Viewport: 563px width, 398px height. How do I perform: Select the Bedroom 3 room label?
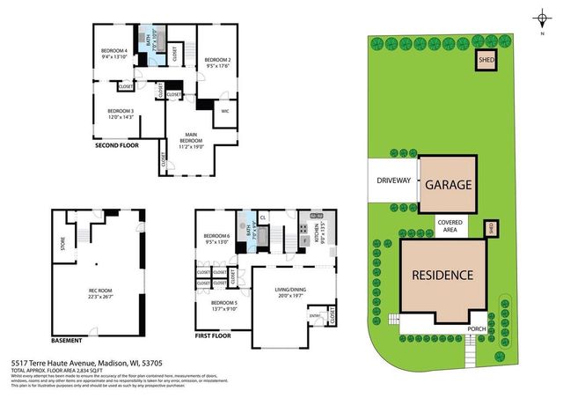[121, 114]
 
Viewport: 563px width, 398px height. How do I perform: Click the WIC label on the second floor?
[225, 112]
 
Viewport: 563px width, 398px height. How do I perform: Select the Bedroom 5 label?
[223, 306]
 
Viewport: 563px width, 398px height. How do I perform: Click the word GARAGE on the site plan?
[450, 186]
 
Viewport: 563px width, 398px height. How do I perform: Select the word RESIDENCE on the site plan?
[443, 275]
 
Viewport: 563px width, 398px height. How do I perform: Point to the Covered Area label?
[450, 227]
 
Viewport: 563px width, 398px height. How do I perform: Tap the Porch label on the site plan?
[476, 329]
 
